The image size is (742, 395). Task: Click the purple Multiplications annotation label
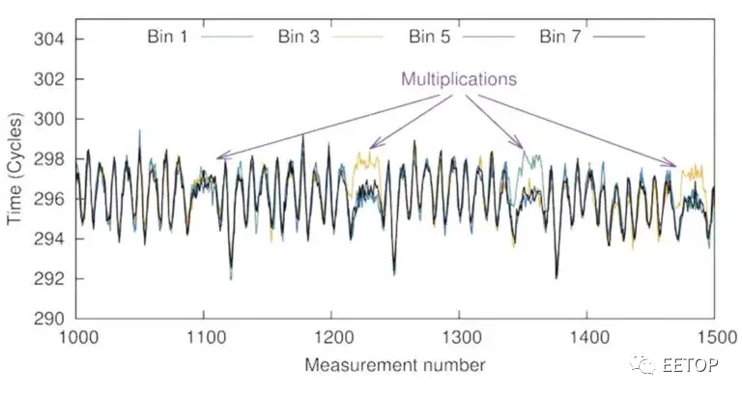tap(459, 79)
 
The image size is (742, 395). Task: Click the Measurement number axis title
tap(394, 365)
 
